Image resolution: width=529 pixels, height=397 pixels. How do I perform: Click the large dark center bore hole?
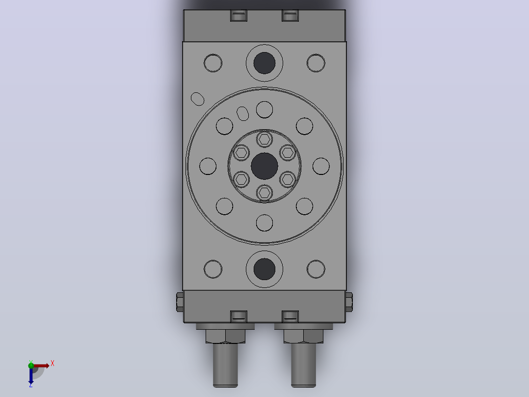(x=264, y=166)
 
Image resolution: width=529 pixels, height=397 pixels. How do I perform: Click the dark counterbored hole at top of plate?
(x=264, y=63)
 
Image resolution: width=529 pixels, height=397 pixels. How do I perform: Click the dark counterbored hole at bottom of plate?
(x=264, y=269)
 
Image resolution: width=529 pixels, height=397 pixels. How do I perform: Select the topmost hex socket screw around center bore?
(x=264, y=139)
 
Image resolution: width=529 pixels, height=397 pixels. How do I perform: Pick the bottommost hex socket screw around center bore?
(x=264, y=193)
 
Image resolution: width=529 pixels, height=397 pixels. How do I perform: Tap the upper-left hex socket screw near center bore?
(x=241, y=152)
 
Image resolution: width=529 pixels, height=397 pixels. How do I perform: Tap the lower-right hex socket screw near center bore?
(x=288, y=179)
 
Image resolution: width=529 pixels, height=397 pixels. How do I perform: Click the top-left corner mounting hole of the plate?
(x=213, y=63)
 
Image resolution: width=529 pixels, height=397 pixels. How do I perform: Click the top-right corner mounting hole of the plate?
(x=316, y=63)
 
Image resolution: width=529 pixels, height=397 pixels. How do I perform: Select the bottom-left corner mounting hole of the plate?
(x=213, y=269)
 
